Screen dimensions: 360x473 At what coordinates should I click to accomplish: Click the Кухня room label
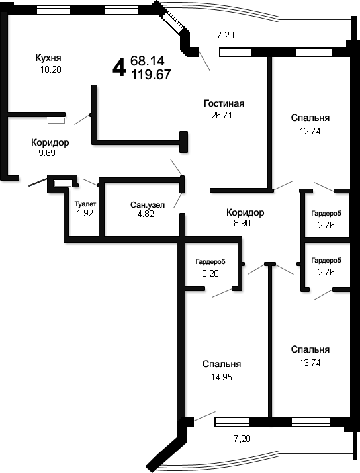(48, 58)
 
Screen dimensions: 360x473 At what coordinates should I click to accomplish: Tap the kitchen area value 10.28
(51, 69)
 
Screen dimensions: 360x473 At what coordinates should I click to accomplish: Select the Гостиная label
(224, 103)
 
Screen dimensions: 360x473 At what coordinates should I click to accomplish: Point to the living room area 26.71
(222, 116)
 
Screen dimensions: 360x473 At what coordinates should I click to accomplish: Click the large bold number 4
(119, 68)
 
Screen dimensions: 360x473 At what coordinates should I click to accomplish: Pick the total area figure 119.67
(151, 75)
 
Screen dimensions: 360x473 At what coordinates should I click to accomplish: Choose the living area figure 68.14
(148, 61)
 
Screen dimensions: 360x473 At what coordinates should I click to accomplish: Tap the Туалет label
(85, 204)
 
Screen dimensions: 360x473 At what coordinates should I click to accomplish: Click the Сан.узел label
(148, 205)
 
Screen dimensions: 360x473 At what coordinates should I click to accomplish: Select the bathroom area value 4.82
(146, 214)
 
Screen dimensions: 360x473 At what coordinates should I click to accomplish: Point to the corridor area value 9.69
(47, 153)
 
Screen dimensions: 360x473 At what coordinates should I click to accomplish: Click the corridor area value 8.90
(242, 223)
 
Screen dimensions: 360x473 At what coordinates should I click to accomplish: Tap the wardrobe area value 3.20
(210, 273)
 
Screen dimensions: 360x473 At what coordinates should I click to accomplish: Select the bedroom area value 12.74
(310, 131)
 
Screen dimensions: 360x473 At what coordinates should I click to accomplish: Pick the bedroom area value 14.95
(222, 377)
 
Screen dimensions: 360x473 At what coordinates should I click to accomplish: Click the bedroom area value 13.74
(310, 363)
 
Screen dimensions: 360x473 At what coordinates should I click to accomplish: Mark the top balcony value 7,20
(226, 35)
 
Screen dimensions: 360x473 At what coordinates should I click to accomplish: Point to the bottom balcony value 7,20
(242, 439)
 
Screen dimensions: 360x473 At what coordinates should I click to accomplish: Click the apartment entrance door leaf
(38, 182)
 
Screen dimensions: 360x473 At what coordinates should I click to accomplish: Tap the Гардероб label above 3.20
(210, 262)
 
